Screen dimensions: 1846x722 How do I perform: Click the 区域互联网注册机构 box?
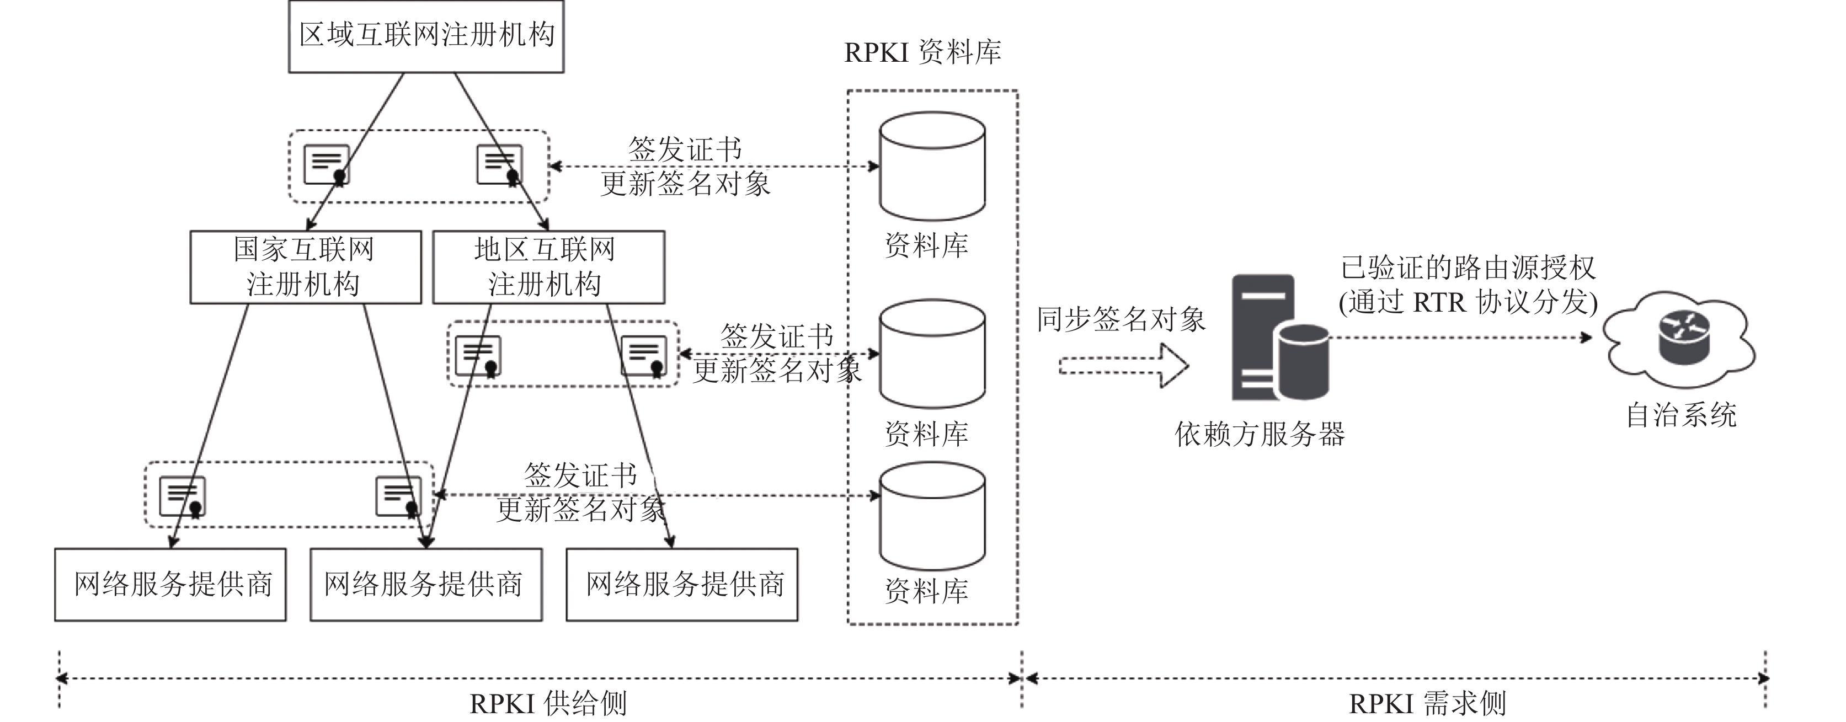point(426,36)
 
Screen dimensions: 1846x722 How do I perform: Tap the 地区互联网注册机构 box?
point(549,267)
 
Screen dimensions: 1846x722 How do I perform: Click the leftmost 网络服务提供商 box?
point(170,585)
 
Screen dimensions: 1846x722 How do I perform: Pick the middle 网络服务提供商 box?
point(426,585)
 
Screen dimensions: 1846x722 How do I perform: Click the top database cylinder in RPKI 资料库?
point(932,166)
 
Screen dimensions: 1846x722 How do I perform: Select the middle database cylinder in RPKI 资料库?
point(932,355)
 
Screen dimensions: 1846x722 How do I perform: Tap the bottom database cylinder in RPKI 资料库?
point(932,516)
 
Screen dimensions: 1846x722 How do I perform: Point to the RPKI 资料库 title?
point(923,52)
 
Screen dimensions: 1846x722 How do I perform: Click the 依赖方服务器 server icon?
point(1280,338)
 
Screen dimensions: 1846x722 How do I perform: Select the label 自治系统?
point(1681,415)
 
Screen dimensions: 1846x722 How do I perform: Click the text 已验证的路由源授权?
point(1468,268)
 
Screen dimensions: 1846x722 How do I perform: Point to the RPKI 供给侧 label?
point(548,704)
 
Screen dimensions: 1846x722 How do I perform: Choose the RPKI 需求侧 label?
point(1427,704)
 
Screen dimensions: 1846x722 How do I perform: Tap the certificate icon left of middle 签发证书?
point(478,355)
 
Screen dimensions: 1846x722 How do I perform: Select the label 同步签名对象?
point(1122,319)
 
